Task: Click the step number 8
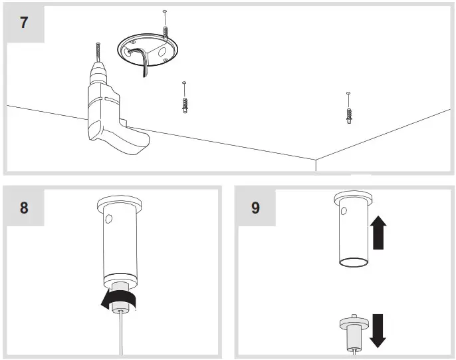(x=25, y=207)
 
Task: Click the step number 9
(x=255, y=207)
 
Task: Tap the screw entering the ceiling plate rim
(x=164, y=29)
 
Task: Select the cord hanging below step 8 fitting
(x=120, y=333)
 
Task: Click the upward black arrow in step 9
(x=379, y=231)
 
